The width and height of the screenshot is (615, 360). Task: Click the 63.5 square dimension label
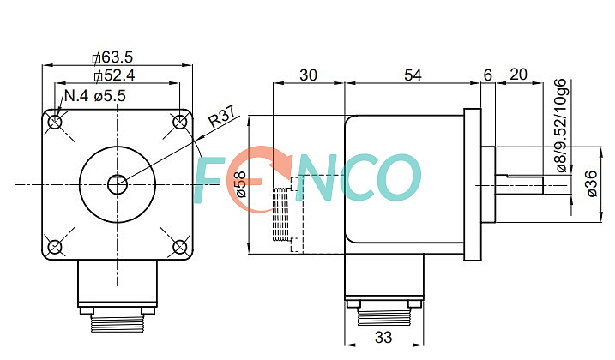pyautogui.click(x=113, y=57)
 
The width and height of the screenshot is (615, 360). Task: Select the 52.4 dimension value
pyautogui.click(x=115, y=75)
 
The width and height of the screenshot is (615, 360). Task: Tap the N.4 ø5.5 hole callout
pyautogui.click(x=95, y=95)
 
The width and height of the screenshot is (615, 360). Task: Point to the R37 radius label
pyautogui.click(x=222, y=116)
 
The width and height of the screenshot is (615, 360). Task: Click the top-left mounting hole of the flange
pyautogui.click(x=55, y=123)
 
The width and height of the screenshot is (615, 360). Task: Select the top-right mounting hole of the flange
pyautogui.click(x=179, y=122)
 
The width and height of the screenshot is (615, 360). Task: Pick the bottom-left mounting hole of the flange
pyautogui.click(x=55, y=247)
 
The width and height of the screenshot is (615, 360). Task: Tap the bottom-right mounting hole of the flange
pyautogui.click(x=179, y=247)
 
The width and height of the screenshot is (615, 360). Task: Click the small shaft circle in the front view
pyautogui.click(x=118, y=184)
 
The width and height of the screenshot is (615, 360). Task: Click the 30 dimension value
pyautogui.click(x=308, y=75)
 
